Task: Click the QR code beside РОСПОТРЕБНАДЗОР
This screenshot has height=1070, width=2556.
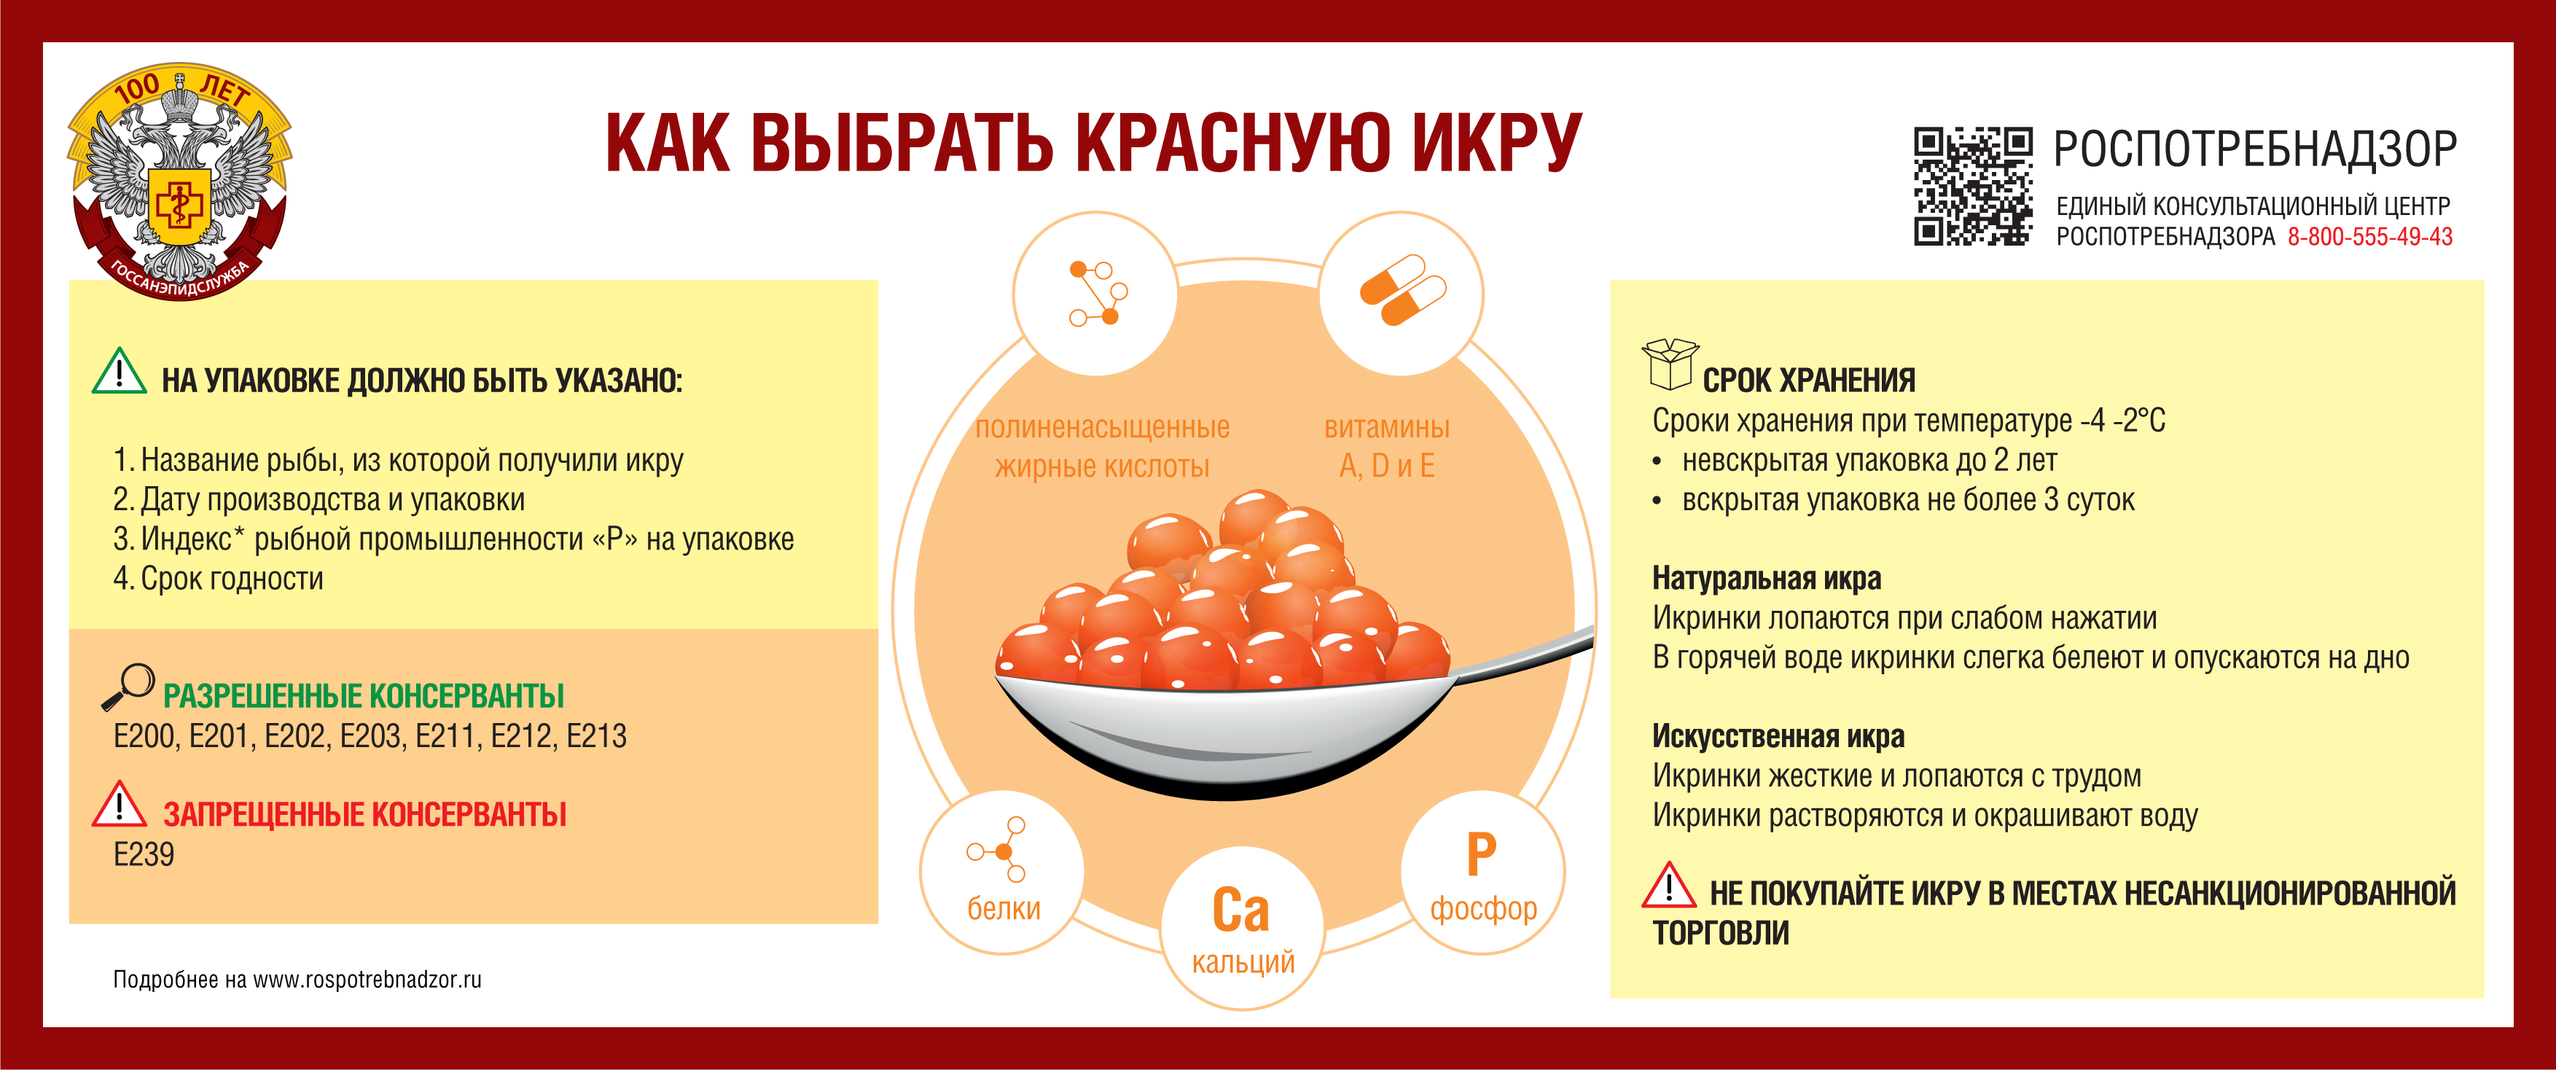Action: [1972, 186]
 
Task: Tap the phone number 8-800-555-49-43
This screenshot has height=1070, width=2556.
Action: [2369, 236]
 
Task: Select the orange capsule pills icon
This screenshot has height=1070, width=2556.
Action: [1402, 290]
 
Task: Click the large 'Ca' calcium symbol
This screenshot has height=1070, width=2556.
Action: [1240, 910]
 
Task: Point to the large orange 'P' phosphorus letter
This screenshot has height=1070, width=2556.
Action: [1482, 854]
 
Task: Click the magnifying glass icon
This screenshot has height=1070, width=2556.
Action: [128, 687]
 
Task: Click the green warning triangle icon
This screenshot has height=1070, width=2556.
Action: [119, 371]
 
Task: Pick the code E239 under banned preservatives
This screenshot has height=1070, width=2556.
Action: [144, 854]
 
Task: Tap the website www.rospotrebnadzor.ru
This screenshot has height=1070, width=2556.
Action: [367, 980]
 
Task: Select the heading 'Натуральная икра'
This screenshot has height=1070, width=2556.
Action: [1766, 579]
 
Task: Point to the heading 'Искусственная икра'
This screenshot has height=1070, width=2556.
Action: [1778, 736]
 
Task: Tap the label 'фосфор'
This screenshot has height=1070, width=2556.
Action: [1483, 908]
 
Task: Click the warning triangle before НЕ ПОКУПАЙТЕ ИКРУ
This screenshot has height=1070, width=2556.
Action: [1669, 886]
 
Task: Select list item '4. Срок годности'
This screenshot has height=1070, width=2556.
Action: [219, 579]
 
